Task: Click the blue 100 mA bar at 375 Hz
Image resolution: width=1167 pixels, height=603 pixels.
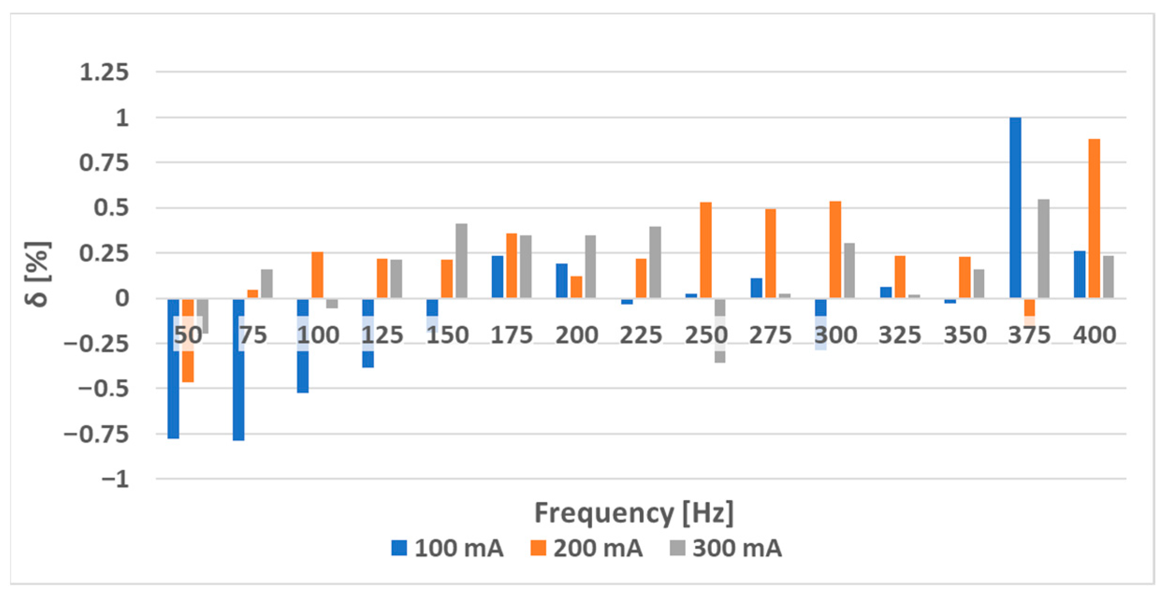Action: [1015, 208]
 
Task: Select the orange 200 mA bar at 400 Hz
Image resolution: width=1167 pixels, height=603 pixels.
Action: [1094, 218]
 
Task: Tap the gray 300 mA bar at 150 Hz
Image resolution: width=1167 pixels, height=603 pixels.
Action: [461, 260]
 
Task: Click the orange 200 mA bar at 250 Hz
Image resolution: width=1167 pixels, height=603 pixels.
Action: [705, 250]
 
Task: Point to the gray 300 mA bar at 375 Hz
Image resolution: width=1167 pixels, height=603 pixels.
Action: [1044, 249]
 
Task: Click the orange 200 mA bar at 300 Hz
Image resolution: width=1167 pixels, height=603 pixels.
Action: [835, 250]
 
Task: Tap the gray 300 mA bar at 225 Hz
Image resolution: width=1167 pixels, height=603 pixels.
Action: [655, 262]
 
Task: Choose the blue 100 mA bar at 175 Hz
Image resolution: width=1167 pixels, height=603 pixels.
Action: [497, 277]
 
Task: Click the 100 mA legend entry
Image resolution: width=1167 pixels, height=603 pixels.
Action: [447, 548]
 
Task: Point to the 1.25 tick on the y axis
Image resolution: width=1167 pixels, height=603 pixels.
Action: [104, 72]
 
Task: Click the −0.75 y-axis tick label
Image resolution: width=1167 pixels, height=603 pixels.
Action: [96, 435]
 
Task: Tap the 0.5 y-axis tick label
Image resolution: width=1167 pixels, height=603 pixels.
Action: [111, 208]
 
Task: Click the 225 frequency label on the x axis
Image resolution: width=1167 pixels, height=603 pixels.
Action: [641, 335]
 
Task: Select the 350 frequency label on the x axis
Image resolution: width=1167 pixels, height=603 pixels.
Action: [964, 335]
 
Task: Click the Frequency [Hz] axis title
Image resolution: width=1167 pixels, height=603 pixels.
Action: [634, 513]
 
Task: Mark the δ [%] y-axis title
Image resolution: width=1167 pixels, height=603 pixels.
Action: [37, 274]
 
